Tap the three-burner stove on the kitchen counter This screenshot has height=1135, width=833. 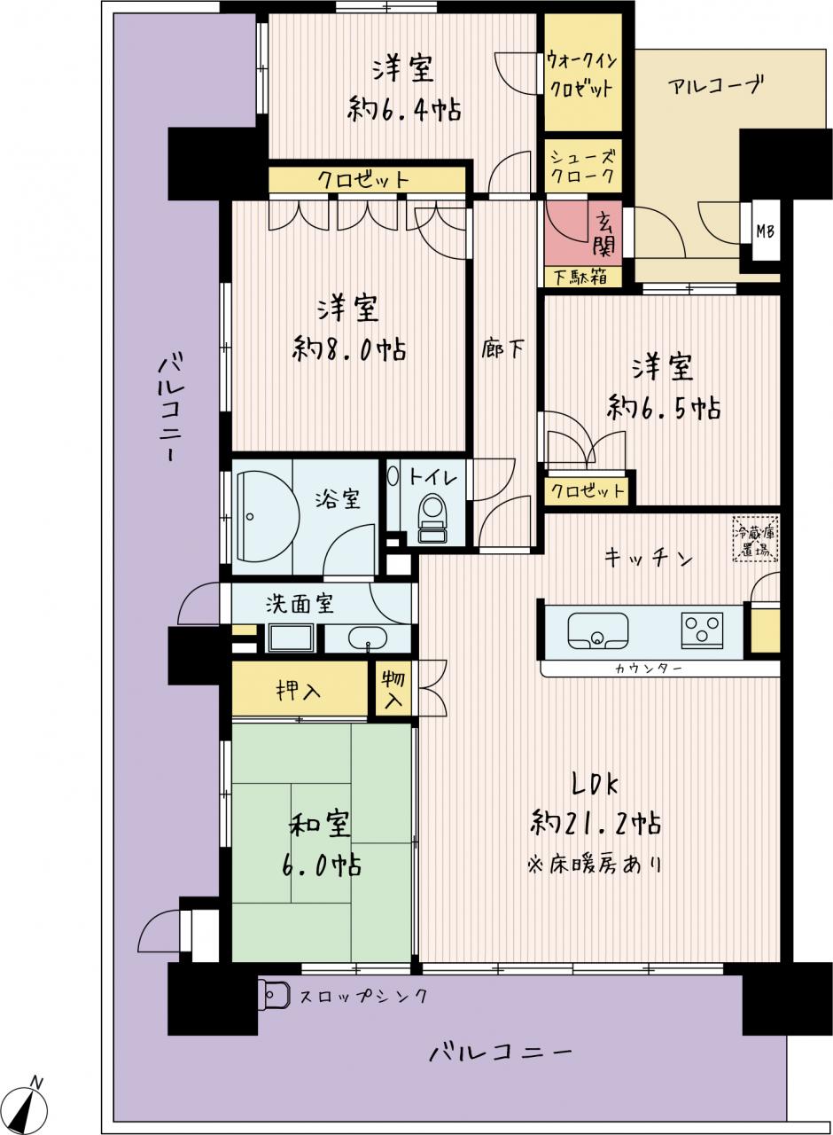point(702,630)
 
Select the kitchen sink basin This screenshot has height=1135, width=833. point(598,630)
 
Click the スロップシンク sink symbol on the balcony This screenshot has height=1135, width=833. point(273,995)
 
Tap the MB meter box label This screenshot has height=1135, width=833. point(765,231)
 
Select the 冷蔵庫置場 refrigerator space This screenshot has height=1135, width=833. point(754,538)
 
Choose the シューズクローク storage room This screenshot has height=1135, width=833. point(583,166)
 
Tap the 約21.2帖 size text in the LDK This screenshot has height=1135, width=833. point(596,823)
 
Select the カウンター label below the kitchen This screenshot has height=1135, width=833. point(649,669)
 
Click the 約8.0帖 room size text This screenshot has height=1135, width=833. point(349,349)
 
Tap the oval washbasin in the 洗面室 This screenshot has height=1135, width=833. point(368,639)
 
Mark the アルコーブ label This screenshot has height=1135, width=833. point(715,86)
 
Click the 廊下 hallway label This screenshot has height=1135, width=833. point(502,349)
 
